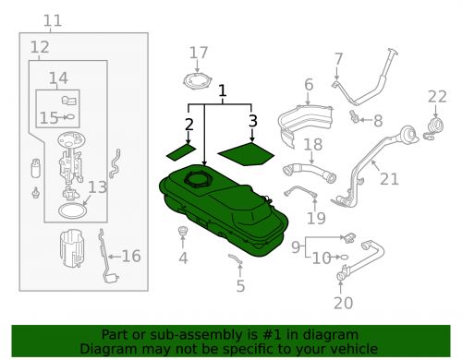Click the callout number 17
tap(199, 53)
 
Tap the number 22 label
tap(437, 97)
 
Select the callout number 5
tap(240, 286)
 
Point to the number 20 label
tap(344, 303)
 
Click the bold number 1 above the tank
tap(223, 91)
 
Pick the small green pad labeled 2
tap(181, 152)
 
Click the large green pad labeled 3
tap(246, 154)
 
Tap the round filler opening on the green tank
tap(197, 179)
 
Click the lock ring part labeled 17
tap(198, 81)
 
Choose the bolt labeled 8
tap(354, 115)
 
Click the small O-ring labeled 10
tap(344, 257)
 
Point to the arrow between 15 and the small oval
tap(62, 117)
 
